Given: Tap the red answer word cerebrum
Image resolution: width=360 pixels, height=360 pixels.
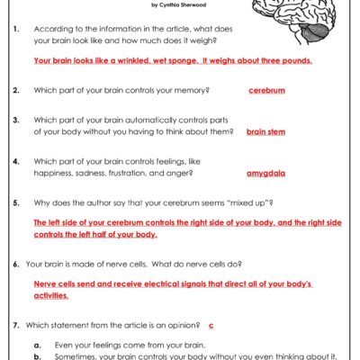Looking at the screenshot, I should [267, 90].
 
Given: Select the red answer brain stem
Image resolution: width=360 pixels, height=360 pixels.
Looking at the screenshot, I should [266, 131].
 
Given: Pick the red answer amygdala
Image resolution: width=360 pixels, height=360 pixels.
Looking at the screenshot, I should [266, 173].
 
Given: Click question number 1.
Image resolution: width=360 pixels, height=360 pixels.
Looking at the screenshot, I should [17, 30].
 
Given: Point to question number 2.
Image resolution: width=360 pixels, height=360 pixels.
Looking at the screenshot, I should [17, 90].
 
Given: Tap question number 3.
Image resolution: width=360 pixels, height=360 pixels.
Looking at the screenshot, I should [17, 120].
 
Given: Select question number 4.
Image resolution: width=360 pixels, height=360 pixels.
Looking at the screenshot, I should [17, 161].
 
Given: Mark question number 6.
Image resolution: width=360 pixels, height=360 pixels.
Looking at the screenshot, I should [17, 264].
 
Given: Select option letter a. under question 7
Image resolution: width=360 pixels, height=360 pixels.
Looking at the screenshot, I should [37, 345].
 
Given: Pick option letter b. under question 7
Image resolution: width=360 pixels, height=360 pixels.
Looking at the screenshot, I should [37, 356].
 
